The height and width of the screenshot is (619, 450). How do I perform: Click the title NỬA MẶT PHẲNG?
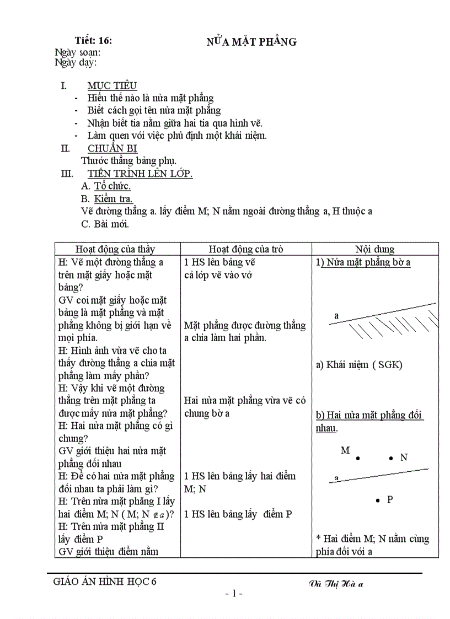point(251,42)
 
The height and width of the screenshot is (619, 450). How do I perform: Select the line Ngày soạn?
point(77,52)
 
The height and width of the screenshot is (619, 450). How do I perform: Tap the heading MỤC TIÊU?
point(112,85)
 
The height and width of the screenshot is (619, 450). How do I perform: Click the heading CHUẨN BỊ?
point(113,148)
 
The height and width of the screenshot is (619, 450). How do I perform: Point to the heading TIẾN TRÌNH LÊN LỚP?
point(140,174)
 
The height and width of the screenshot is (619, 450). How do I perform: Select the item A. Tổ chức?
point(106,186)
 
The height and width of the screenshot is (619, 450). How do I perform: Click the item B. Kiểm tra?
point(106,199)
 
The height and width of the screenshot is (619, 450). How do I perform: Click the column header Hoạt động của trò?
point(246,249)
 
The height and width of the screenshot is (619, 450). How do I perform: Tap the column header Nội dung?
point(374,249)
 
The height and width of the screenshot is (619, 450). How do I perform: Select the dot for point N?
point(391,458)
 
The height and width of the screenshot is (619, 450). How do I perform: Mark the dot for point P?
point(377,500)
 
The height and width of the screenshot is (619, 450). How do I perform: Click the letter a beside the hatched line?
point(336,316)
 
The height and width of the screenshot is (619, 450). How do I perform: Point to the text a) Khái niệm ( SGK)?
point(359,365)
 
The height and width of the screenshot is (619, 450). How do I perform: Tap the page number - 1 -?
point(234,594)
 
